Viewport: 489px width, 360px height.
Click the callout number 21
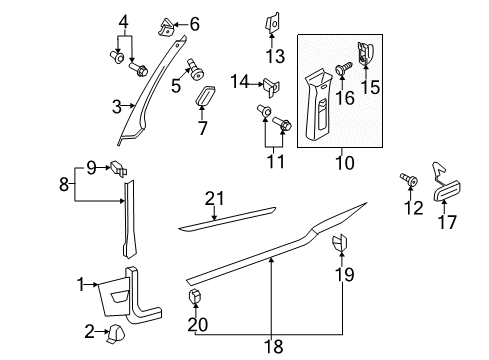[214, 199]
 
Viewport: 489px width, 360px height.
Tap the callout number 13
[275, 56]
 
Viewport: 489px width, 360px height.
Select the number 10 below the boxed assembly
[345, 163]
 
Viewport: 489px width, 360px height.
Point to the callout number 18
[273, 346]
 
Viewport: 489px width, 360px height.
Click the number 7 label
[203, 128]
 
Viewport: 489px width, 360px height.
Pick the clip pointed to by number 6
[166, 27]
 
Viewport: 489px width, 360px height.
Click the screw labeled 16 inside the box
[343, 69]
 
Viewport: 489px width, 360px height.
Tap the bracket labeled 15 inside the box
[366, 53]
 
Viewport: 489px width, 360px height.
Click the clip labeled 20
[196, 296]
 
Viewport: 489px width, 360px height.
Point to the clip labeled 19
[340, 243]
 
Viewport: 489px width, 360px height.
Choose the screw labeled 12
[409, 179]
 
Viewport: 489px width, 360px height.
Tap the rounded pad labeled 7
[204, 95]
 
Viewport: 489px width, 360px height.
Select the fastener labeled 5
[196, 70]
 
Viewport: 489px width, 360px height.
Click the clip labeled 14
[271, 87]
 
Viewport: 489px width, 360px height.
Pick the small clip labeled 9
[118, 168]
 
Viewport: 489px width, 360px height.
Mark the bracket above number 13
[272, 21]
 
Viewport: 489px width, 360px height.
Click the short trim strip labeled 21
[227, 220]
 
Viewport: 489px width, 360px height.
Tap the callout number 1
[81, 285]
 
